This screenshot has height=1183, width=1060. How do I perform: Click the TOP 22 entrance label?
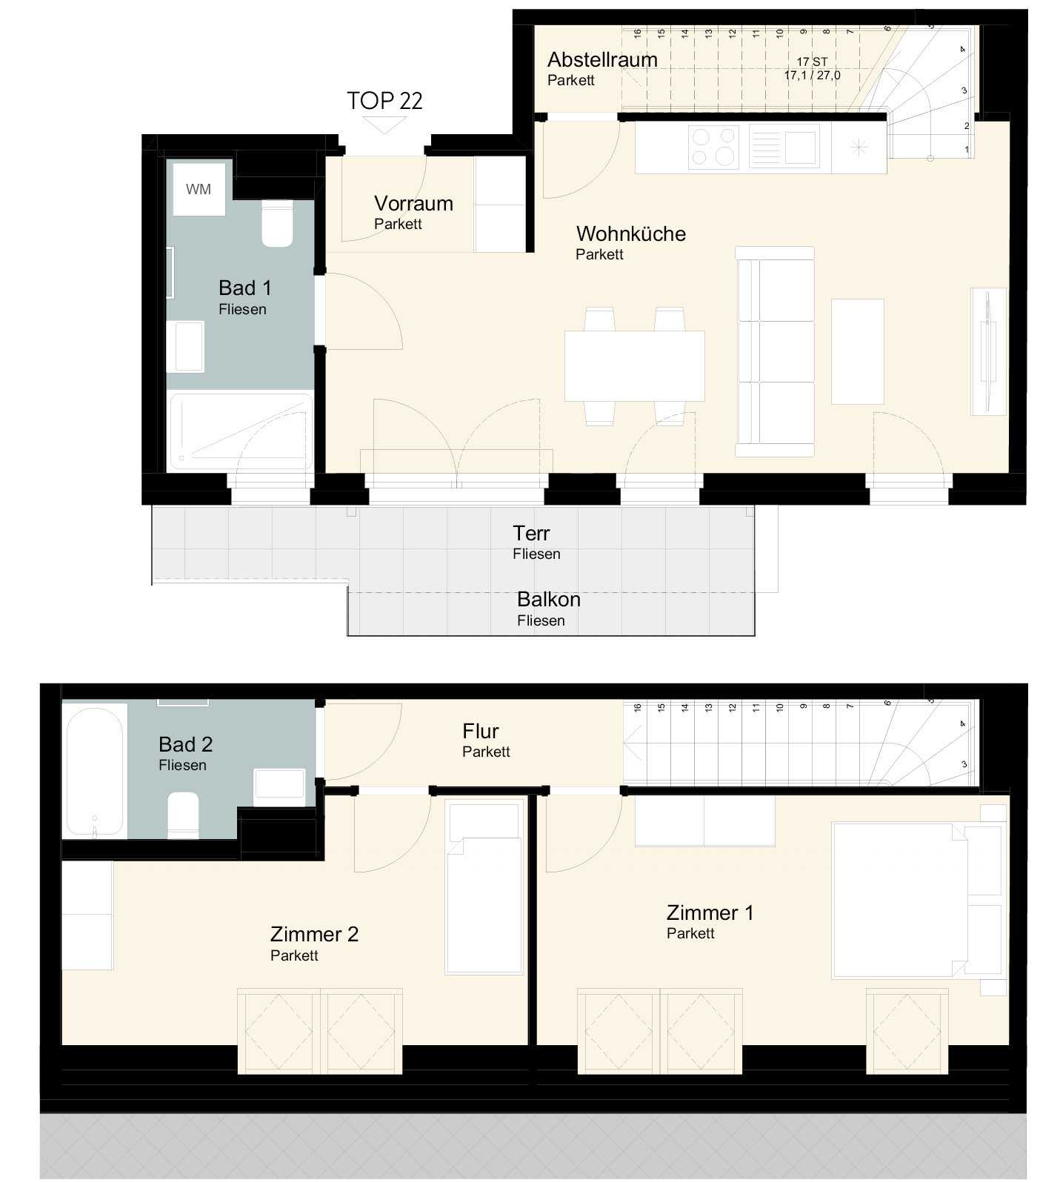384,101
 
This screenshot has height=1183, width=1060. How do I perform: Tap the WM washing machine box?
199,189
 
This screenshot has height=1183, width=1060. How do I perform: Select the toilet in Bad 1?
278,223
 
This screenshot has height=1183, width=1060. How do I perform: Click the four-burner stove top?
713,146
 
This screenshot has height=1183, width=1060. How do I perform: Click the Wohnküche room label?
631,233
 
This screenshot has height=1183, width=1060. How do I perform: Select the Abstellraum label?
602,59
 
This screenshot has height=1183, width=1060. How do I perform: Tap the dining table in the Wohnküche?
634,366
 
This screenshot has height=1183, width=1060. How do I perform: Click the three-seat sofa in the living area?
775,351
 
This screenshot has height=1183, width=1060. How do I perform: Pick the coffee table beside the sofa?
858,351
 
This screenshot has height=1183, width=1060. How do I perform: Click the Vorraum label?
413,203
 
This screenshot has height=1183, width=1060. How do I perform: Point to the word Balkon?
548,599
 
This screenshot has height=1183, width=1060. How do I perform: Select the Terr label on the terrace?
531,533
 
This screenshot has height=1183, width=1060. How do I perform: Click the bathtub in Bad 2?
94,771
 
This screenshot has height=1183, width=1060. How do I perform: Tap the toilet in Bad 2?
183,815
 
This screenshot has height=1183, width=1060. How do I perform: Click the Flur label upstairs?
480,732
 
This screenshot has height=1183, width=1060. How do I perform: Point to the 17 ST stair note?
812,62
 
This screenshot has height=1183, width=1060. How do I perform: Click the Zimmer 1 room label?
710,912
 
